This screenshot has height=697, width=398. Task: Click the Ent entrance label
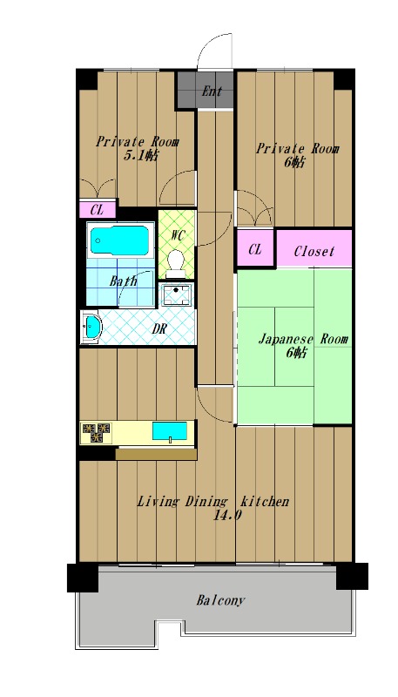212,91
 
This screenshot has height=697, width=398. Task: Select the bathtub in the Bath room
120,240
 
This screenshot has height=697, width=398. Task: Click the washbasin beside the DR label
91,328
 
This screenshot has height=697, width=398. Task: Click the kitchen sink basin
170,430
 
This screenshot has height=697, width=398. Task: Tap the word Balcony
220,601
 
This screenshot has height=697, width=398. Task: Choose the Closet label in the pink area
314,251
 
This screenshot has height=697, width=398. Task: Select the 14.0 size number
227,516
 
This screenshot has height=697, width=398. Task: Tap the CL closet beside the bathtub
98,210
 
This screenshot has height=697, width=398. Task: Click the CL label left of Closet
255,250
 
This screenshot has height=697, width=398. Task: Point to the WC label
178,234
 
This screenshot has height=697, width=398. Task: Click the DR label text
159,329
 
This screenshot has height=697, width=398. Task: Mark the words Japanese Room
303,340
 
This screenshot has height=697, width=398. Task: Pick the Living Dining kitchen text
212,502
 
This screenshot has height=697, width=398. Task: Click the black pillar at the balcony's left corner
83,578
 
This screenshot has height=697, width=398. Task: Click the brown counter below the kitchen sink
156,454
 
